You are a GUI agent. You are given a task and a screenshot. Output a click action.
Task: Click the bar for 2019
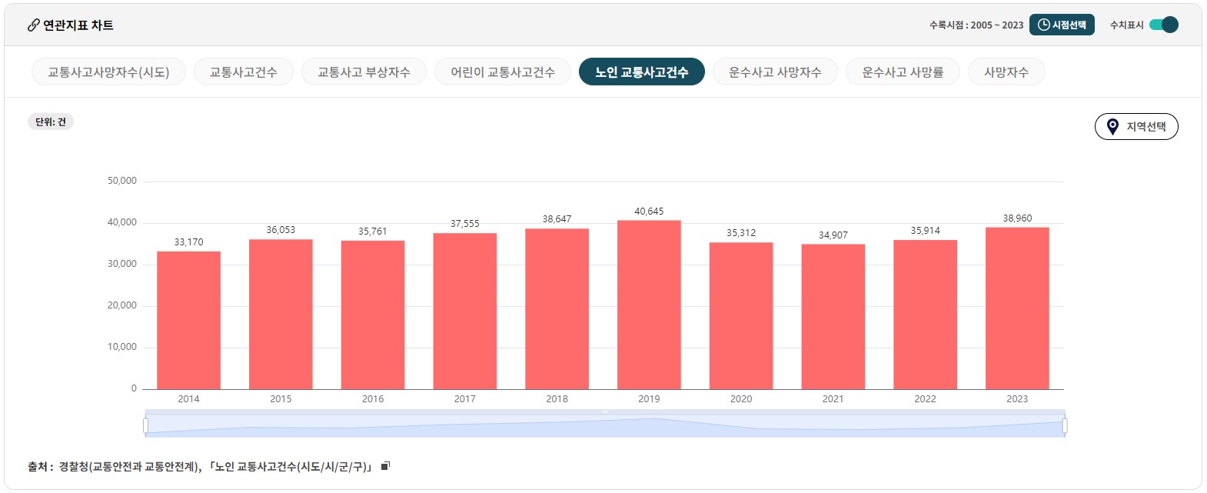[649, 305]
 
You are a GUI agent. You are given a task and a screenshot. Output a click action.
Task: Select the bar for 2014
[188, 320]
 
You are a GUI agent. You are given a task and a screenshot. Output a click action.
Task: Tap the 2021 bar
[833, 316]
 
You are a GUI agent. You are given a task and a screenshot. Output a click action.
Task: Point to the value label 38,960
[1017, 218]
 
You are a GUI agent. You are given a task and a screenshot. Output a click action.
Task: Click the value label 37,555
[465, 224]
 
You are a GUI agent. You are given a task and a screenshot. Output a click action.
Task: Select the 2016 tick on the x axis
[373, 399]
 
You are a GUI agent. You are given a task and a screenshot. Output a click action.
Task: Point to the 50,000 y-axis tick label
[122, 181]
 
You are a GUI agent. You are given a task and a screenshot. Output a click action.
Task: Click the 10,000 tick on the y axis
[122, 347]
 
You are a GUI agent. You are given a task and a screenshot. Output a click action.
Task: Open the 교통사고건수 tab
[243, 72]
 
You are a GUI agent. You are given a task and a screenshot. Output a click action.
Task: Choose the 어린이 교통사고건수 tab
[503, 72]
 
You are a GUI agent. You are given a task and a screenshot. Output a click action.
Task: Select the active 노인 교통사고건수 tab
[641, 72]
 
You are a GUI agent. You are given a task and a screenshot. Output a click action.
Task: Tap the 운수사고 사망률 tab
[903, 72]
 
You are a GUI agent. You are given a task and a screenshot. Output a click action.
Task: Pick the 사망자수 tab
[1006, 72]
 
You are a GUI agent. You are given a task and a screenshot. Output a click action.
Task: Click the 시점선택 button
[1062, 25]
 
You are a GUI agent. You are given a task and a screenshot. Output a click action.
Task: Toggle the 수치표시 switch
[1164, 25]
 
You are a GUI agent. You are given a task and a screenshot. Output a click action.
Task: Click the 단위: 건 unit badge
[51, 122]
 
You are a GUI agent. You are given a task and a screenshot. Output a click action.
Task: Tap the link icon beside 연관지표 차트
[34, 25]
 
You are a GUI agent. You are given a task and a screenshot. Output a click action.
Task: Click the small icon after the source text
[386, 466]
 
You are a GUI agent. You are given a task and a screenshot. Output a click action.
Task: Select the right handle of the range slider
[1065, 425]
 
